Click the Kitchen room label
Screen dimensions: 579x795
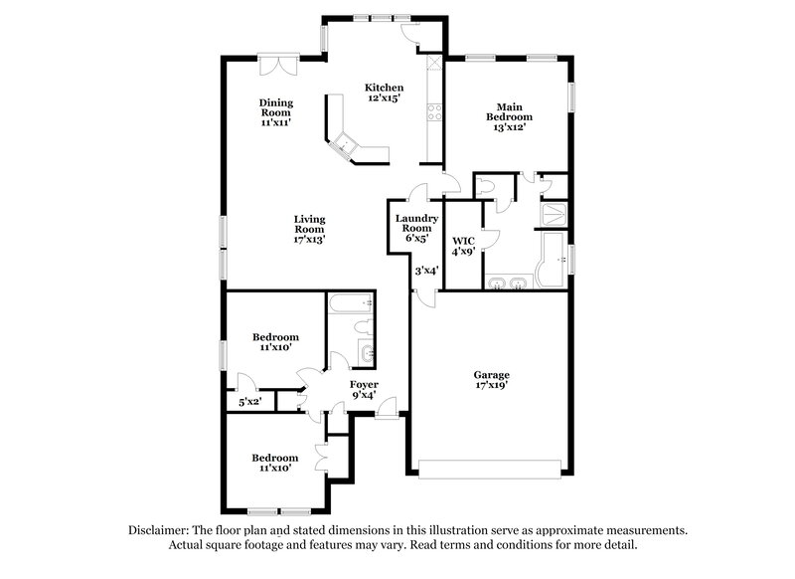pos(383,93)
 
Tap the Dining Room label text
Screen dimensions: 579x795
pos(275,112)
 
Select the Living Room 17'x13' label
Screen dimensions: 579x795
pos(309,229)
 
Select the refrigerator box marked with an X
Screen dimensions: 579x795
pos(433,63)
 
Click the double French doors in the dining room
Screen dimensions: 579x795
pos(275,64)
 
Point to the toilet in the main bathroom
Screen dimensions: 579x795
pos(488,187)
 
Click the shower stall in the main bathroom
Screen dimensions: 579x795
pos(555,213)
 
